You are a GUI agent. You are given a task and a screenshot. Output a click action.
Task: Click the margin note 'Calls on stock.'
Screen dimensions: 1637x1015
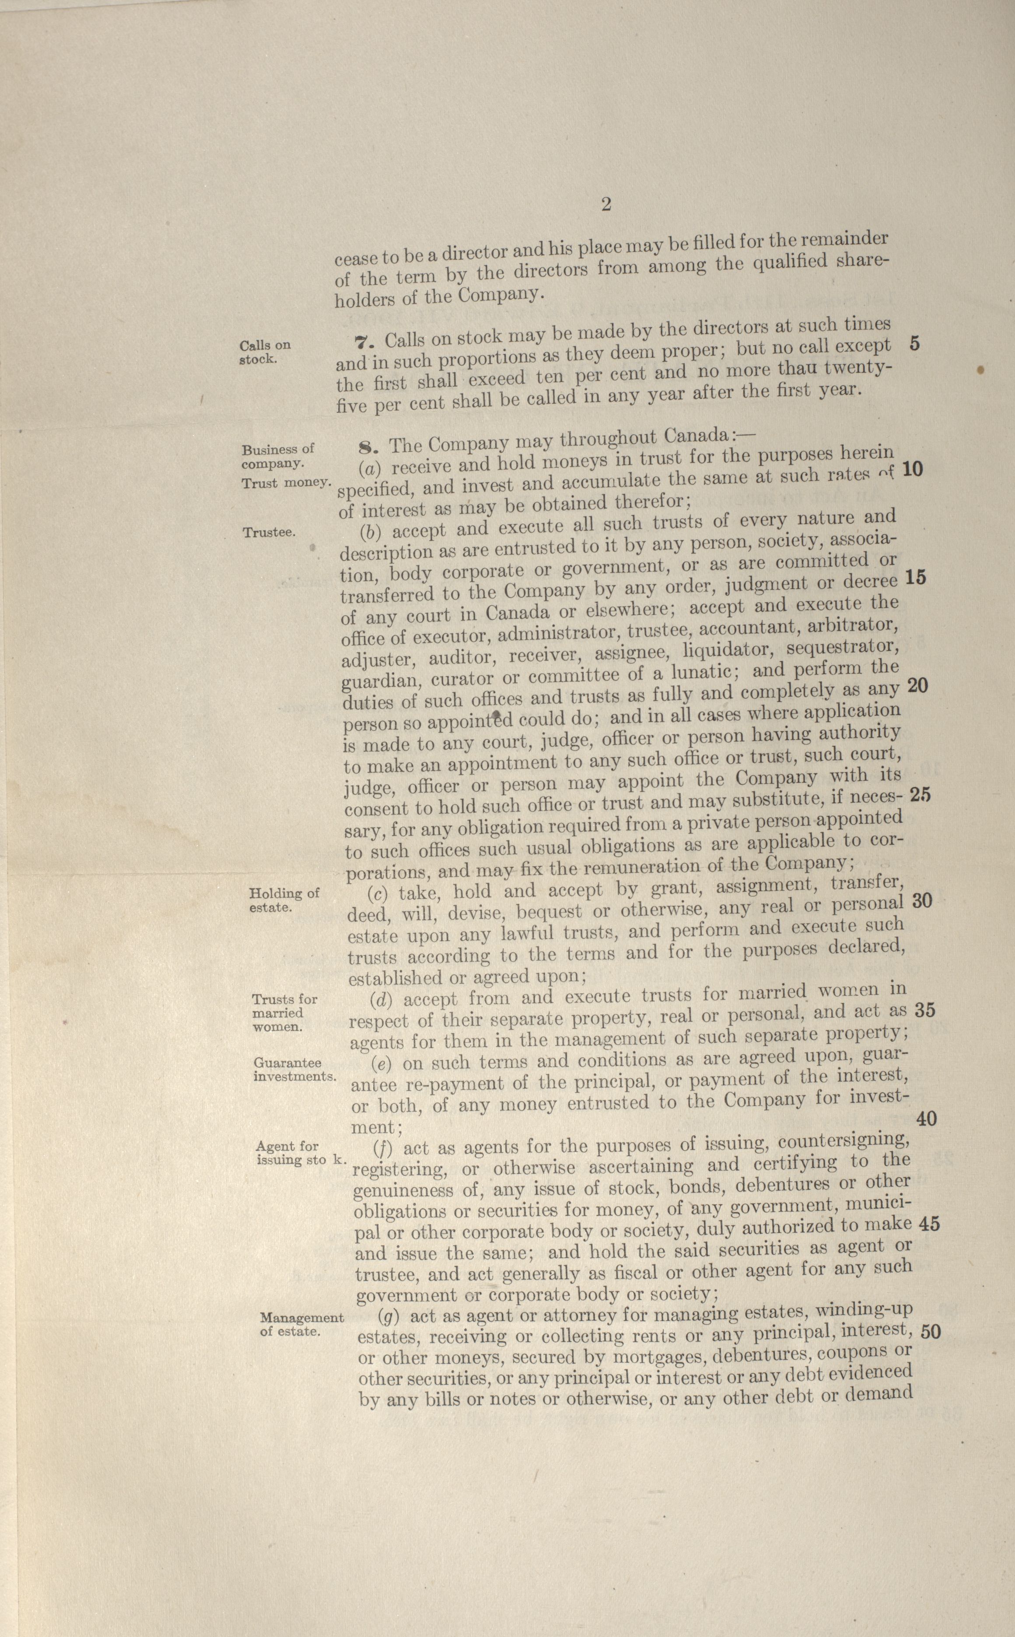click(x=265, y=352)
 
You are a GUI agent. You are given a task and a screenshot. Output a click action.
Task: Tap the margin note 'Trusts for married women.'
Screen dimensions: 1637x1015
click(x=285, y=1013)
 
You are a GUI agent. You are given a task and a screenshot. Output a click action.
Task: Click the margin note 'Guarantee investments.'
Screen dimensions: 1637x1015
click(x=294, y=1069)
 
